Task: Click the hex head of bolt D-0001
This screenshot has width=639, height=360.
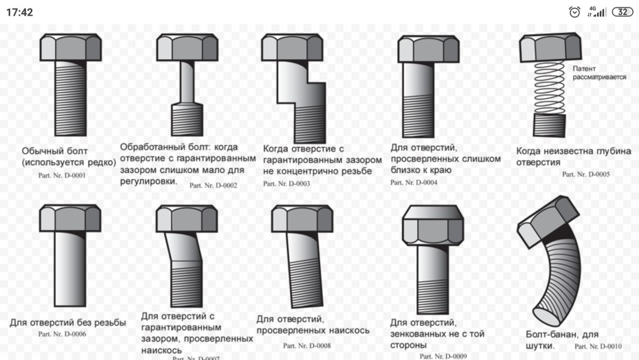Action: coord(71,47)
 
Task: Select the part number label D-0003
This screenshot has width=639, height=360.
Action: coord(287,183)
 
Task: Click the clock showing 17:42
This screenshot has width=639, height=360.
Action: coord(19,12)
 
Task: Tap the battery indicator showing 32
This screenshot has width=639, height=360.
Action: coord(623,12)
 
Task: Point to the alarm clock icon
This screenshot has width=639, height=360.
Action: coord(574,12)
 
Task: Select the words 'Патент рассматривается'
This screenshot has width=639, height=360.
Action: coord(599,73)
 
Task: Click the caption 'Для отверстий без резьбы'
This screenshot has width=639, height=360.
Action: coord(68,322)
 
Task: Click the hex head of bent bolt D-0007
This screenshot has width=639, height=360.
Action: coord(187,218)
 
